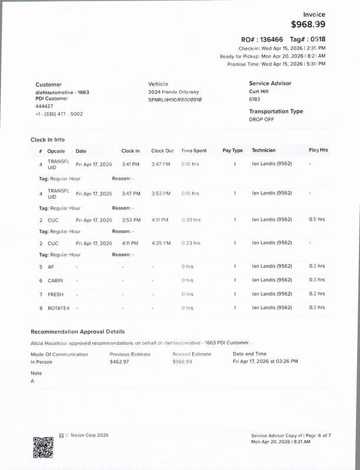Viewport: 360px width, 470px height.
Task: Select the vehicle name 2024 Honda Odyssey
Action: [x=173, y=92]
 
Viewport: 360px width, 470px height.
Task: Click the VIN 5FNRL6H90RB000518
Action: [x=175, y=100]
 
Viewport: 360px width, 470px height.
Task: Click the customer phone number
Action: [x=59, y=113]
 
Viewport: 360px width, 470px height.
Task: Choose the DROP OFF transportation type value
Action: [x=261, y=119]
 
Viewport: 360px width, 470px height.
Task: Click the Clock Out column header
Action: [x=162, y=151]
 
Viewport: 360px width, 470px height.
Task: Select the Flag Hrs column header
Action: [x=318, y=151]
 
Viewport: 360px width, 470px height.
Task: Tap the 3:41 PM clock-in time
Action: [x=130, y=164]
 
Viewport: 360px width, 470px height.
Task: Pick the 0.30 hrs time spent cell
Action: [x=190, y=220]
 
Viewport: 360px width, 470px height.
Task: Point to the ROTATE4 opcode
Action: [x=59, y=308]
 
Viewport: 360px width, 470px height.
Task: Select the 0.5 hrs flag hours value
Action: [x=317, y=220]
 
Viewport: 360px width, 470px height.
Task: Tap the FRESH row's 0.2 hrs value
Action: [x=317, y=294]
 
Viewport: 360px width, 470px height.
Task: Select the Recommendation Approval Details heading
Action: [x=78, y=332]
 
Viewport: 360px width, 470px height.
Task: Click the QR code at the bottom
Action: [x=43, y=448]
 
